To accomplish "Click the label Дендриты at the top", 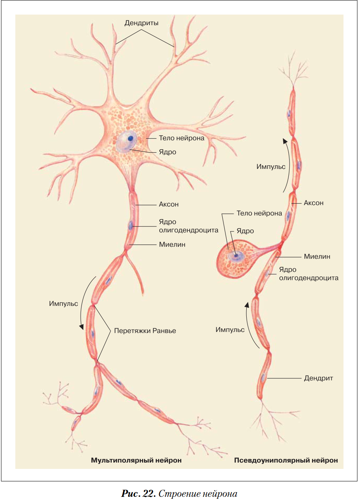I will coord(141,23).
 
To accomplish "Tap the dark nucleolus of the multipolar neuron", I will coord(130,138).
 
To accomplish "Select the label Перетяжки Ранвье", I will coord(145,331).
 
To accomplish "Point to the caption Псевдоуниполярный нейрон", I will coord(286,460).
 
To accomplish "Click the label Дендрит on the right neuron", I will coord(318,378).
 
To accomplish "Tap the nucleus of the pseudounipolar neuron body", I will coord(236,256).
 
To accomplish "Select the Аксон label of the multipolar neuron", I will coord(169,204).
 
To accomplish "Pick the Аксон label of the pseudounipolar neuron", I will coord(314,203).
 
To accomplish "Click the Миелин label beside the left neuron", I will coord(172,244).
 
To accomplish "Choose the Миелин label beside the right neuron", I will coord(317,256).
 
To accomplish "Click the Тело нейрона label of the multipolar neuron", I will coord(181,138).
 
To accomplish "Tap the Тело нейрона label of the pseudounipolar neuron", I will coord(259,213).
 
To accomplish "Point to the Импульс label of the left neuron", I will coord(63,304).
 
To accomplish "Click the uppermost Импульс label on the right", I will coord(271,167).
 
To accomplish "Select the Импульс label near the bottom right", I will coord(230,330).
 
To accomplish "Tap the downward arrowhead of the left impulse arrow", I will coord(82,327).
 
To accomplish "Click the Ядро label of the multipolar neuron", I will coord(167,152).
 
